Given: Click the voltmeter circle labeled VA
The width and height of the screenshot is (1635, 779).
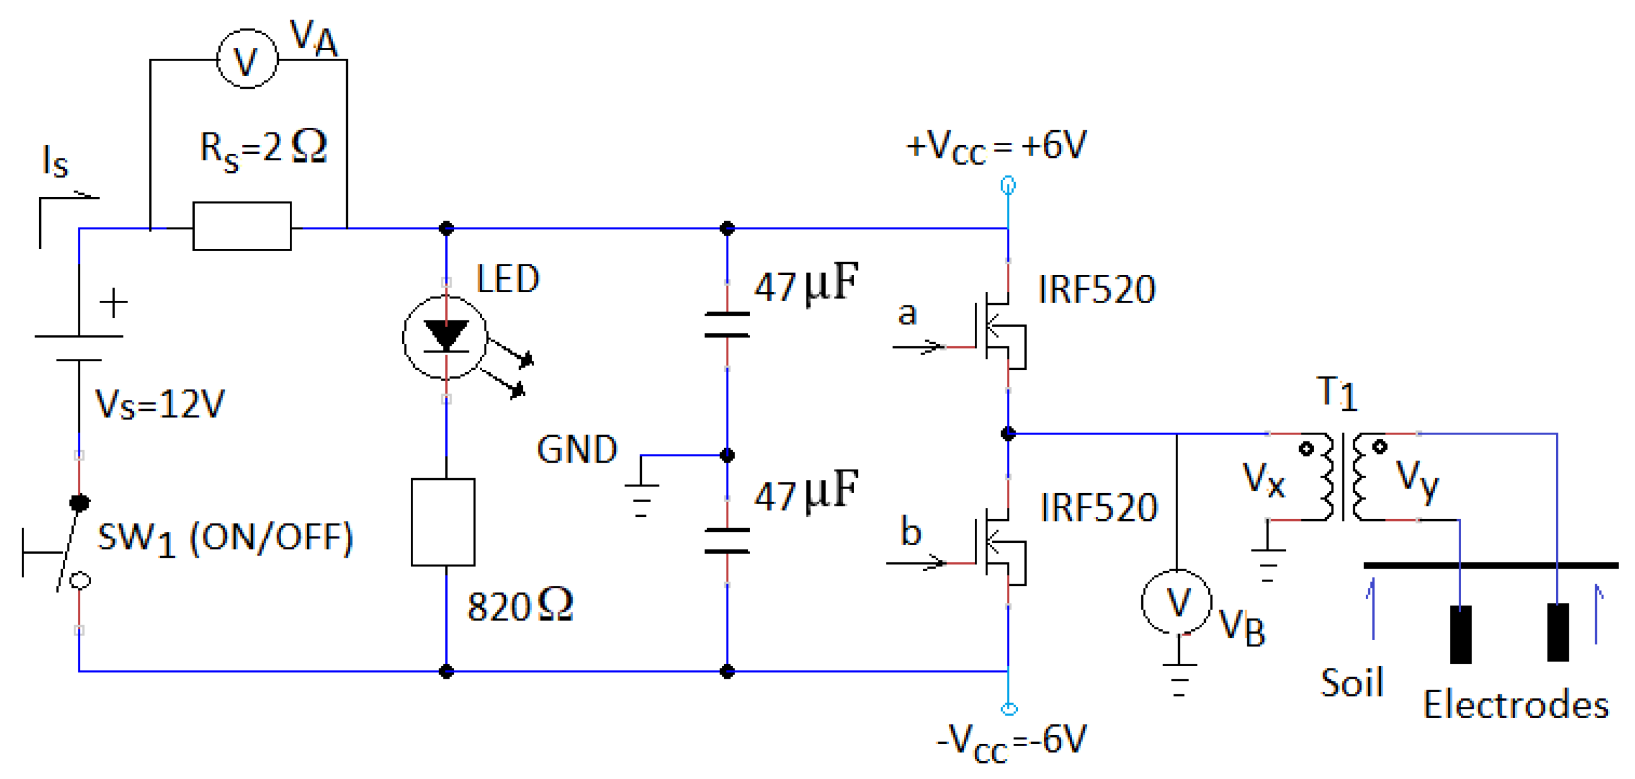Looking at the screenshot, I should tap(247, 59).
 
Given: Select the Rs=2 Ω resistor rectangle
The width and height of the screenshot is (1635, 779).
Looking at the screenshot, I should tap(242, 226).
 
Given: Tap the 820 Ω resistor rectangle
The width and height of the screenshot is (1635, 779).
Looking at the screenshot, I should tap(443, 522).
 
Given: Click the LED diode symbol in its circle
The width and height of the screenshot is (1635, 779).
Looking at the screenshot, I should tap(445, 337).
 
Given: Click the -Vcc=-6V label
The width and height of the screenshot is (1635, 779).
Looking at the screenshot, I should tap(1012, 742).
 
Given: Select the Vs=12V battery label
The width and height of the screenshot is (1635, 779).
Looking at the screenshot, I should tap(160, 404).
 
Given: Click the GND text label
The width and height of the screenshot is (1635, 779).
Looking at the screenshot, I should tap(576, 449).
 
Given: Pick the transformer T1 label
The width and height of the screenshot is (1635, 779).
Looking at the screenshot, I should tap(1337, 393).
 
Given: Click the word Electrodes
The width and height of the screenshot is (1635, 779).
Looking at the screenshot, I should tap(1516, 705).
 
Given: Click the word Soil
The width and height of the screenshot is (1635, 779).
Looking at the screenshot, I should tap(1352, 683).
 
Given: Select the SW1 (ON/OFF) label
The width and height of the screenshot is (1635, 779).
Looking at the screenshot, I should tap(225, 539).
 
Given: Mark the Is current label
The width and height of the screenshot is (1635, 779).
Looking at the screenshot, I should tap(55, 161).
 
